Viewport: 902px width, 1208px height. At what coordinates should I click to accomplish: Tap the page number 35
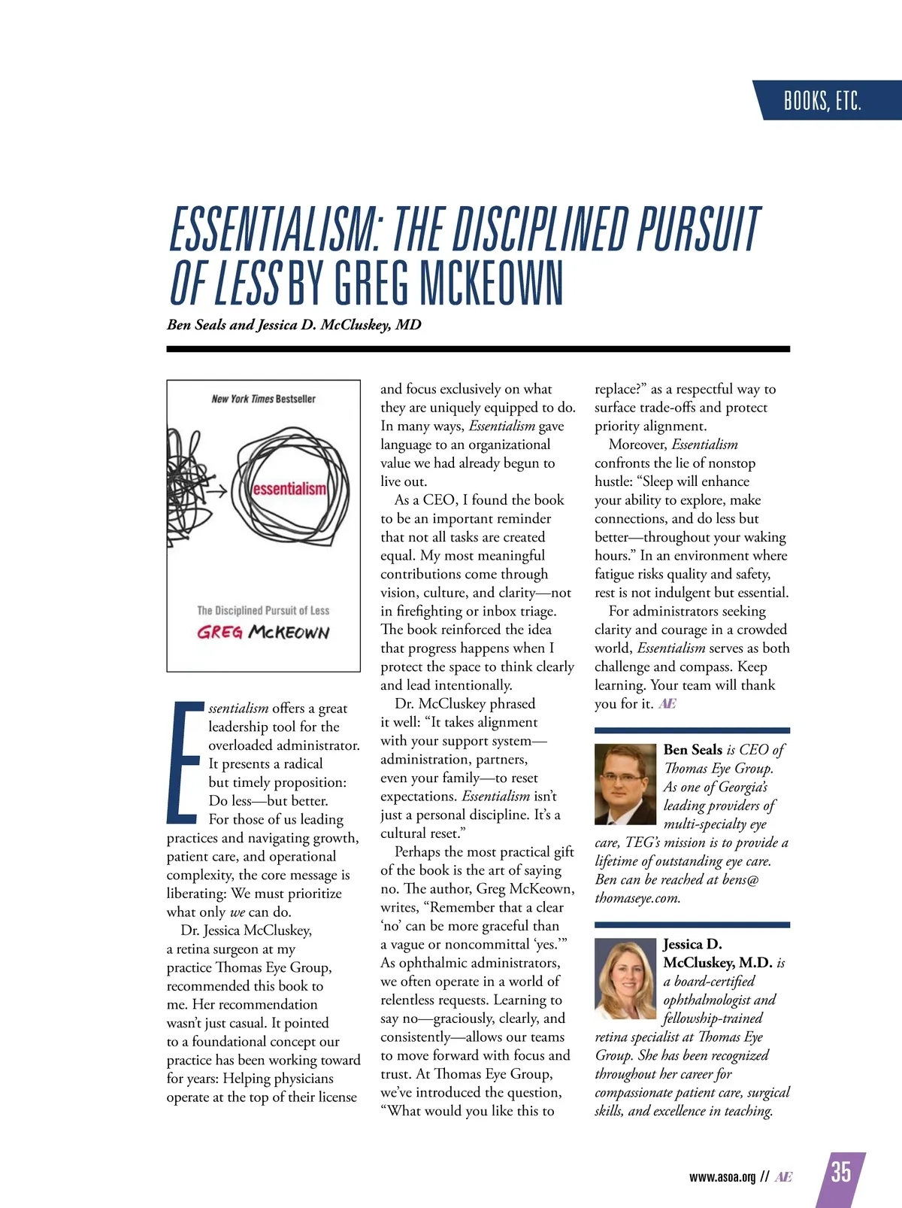click(x=841, y=1172)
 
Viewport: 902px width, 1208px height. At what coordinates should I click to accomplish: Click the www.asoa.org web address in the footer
click(x=722, y=1177)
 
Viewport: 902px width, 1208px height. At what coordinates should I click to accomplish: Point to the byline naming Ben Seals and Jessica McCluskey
click(x=294, y=325)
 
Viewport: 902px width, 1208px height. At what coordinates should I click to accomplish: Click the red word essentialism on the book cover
click(x=289, y=489)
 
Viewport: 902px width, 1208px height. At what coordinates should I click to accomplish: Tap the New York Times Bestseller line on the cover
click(x=263, y=399)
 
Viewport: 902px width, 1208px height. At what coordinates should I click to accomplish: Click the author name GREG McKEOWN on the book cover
click(x=263, y=632)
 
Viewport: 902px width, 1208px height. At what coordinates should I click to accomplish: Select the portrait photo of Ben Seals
click(x=625, y=784)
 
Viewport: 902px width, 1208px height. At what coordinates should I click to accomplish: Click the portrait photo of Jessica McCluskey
click(x=625, y=978)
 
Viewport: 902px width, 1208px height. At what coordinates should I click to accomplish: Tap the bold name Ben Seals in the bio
click(x=692, y=750)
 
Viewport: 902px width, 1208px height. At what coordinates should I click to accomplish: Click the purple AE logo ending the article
click(x=667, y=704)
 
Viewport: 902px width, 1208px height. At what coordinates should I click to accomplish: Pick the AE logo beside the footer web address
click(x=783, y=1177)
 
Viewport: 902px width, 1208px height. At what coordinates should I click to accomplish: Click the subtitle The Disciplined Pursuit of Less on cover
click(x=263, y=611)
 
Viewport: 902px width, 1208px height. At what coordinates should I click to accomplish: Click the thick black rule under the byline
click(x=478, y=349)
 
